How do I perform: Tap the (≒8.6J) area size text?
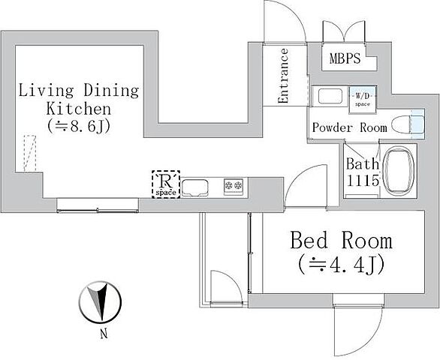tap(79, 125)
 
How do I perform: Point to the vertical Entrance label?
tap(284, 76)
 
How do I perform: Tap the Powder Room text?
tap(349, 127)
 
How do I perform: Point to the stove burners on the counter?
tap(232, 185)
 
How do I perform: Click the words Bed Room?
tap(341, 241)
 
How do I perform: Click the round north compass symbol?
tap(98, 302)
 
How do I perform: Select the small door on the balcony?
tap(225, 287)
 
